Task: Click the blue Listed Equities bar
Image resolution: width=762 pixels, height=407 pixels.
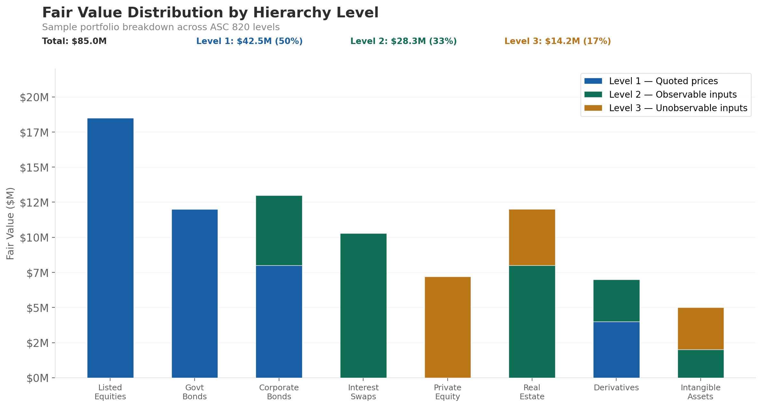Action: click(x=110, y=248)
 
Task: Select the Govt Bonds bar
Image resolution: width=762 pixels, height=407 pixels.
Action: click(x=195, y=293)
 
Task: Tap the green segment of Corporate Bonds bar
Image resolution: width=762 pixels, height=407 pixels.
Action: click(x=279, y=230)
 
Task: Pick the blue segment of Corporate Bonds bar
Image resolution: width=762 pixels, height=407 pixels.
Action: click(x=279, y=321)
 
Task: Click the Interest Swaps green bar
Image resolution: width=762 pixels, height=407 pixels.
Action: click(x=363, y=305)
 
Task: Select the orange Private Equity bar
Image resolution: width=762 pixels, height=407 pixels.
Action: click(x=448, y=327)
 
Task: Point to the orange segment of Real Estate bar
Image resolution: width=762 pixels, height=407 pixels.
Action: click(x=532, y=237)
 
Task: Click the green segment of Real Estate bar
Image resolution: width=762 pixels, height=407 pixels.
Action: click(x=532, y=321)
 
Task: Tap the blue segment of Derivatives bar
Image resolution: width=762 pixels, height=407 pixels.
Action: click(x=616, y=349)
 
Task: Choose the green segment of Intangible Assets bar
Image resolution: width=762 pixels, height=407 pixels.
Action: click(x=700, y=363)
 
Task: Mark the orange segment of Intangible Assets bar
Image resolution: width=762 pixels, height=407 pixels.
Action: click(x=700, y=328)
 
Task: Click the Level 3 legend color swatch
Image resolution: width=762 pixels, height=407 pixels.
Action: click(x=593, y=108)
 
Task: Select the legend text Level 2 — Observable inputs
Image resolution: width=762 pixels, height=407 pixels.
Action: click(x=673, y=94)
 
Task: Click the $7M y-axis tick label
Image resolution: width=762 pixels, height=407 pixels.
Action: click(x=38, y=273)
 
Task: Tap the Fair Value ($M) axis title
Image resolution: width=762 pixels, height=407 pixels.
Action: click(x=10, y=223)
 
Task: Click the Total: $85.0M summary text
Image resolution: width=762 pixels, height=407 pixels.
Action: click(x=74, y=41)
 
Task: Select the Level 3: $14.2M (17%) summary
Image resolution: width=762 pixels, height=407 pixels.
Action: click(x=557, y=41)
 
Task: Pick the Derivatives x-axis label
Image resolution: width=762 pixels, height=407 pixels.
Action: click(x=616, y=387)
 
